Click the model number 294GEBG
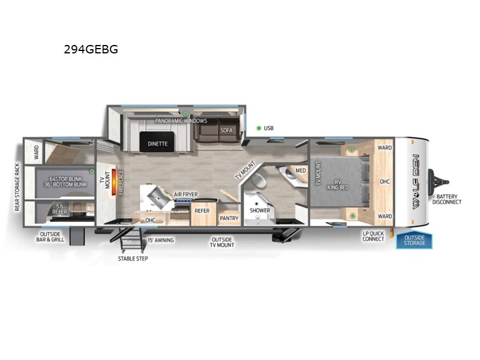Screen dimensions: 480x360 click(91, 50)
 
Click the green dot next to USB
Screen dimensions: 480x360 click(259, 128)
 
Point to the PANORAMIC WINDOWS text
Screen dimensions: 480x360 click(181, 121)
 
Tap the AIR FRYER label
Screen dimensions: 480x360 click(186, 194)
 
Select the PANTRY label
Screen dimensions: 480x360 click(229, 219)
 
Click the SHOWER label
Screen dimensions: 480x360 click(260, 211)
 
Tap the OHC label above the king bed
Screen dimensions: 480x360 click(385, 181)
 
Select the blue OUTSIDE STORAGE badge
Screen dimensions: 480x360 click(414, 240)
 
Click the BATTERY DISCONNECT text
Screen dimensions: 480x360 click(449, 199)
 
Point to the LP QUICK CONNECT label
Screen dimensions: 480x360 click(373, 236)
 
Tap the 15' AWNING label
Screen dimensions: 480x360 click(160, 240)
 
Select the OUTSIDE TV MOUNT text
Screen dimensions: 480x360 click(221, 242)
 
